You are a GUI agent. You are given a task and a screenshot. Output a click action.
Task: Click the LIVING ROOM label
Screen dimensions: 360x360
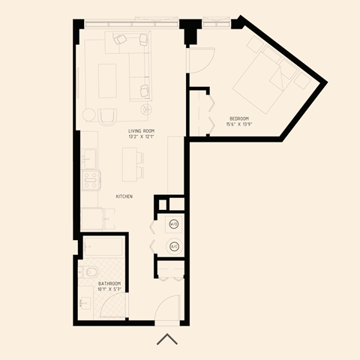coord(141,130)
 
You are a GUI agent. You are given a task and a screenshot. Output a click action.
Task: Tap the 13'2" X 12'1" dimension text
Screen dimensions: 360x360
coord(141,136)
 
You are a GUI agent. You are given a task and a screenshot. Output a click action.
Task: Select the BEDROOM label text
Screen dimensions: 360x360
coord(240,118)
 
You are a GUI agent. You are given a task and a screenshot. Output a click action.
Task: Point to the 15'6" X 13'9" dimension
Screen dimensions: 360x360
coord(240,124)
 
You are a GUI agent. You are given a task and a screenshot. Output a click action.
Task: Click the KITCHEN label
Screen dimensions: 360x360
coord(124,196)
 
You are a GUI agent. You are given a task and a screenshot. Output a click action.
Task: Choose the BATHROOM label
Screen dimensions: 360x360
coord(109,283)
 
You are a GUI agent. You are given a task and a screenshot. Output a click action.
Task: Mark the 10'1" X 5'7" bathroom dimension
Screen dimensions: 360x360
coord(109,289)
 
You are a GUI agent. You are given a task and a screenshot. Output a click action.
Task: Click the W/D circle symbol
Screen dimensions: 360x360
coord(174,223)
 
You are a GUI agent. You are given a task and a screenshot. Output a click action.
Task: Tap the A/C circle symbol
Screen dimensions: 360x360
coord(174,246)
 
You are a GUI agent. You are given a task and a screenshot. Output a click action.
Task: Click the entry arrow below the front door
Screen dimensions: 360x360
coord(167,340)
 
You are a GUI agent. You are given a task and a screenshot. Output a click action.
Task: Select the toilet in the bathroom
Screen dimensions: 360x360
coord(90,271)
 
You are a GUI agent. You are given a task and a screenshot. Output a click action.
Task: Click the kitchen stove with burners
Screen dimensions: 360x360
coord(91,180)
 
